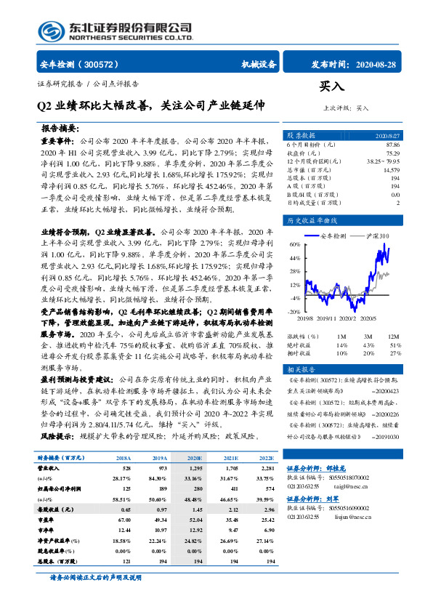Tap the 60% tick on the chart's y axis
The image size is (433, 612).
coord(295,245)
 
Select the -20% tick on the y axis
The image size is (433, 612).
coord(295,311)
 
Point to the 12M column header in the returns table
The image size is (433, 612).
coord(394,337)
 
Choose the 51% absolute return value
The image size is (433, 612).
coord(394,345)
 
